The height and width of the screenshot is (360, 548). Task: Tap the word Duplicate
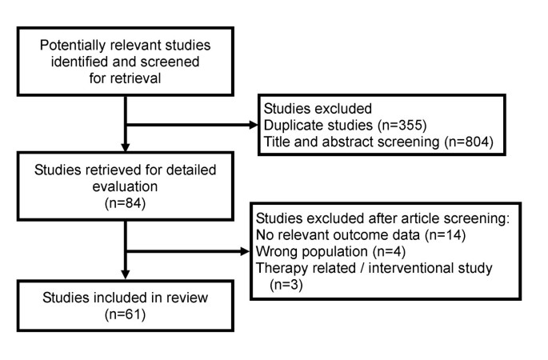click(x=291, y=126)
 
